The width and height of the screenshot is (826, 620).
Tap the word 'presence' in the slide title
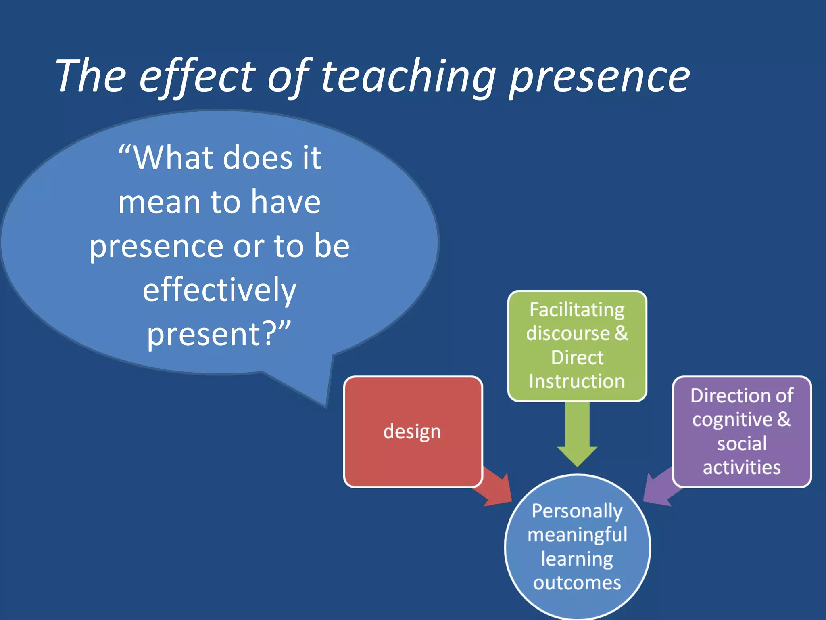(600, 77)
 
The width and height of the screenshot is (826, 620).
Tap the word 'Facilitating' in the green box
(577, 310)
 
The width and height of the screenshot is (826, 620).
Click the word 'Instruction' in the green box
(577, 381)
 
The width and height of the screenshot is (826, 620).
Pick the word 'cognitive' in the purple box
(732, 420)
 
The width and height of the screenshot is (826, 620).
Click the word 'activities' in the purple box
(742, 467)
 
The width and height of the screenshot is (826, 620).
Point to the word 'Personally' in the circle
(577, 511)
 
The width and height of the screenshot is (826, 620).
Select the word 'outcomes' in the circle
(577, 583)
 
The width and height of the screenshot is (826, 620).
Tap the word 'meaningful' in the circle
(577, 535)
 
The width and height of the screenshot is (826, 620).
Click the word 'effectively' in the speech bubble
(220, 290)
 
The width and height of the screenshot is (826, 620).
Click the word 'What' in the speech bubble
(173, 158)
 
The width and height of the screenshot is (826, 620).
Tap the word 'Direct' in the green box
(577, 358)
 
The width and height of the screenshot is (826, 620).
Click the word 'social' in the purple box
(742, 444)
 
